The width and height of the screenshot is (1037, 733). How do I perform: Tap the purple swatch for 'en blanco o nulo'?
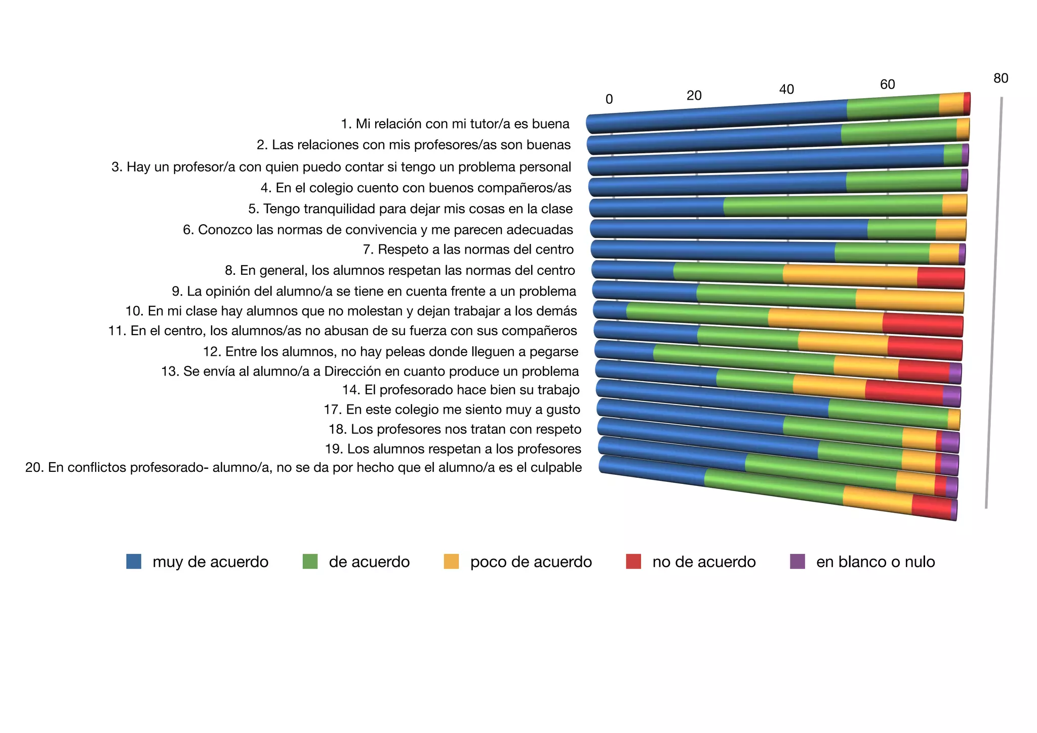tap(797, 561)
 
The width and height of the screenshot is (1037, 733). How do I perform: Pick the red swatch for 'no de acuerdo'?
tap(633, 561)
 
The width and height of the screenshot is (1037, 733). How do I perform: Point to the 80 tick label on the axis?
tap(1001, 78)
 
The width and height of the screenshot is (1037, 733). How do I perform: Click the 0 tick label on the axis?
tap(609, 99)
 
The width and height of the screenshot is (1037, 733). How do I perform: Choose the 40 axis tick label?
tap(786, 90)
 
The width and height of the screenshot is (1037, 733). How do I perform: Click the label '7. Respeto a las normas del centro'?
tap(468, 250)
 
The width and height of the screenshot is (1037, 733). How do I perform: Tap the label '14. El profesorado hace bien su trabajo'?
tap(461, 390)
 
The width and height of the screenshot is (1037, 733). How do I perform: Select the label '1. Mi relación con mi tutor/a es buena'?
tap(455, 124)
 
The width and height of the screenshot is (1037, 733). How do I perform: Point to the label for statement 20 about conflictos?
tap(303, 467)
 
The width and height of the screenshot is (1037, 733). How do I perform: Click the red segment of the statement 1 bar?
tap(967, 103)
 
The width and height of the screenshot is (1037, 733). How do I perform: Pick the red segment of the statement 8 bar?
tap(941, 278)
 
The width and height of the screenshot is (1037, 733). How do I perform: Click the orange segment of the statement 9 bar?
tap(909, 301)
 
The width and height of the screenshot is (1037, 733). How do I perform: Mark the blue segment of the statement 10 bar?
tap(610, 310)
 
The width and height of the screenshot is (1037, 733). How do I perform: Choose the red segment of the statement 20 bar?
tap(931, 507)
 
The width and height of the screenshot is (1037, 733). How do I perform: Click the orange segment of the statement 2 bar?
tap(963, 130)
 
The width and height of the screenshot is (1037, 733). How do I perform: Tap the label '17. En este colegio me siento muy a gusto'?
tap(452, 410)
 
